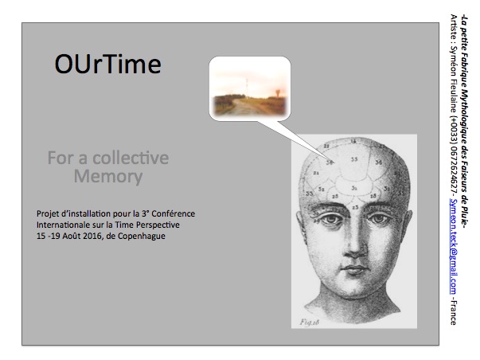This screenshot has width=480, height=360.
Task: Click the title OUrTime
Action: [107, 64]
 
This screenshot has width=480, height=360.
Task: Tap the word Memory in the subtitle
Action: [108, 177]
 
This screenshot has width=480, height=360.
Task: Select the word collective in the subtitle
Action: [131, 158]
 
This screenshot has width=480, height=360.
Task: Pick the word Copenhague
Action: [142, 237]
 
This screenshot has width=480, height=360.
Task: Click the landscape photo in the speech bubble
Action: [250, 89]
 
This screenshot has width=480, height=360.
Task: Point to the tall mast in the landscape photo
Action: [247, 88]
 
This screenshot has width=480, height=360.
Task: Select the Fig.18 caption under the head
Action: [309, 322]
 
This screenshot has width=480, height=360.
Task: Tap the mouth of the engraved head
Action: [354, 269]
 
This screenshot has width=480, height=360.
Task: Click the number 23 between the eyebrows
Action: [355, 207]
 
